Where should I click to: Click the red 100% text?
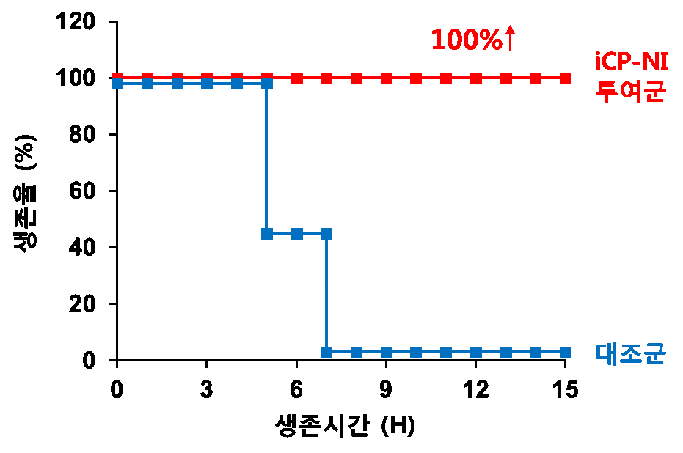(x=466, y=40)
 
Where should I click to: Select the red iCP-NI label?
(x=630, y=62)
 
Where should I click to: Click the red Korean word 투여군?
(x=630, y=92)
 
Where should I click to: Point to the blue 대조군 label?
(x=630, y=353)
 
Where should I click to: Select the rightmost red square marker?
(x=566, y=78)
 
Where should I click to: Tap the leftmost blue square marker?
(x=117, y=84)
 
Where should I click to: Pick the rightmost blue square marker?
(x=566, y=353)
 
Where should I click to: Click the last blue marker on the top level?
(x=267, y=84)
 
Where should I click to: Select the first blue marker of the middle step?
(x=267, y=234)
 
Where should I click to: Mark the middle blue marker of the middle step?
(x=297, y=234)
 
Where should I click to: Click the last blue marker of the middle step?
(x=326, y=234)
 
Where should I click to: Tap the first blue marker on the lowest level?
(x=326, y=353)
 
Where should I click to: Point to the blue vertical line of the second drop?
(x=326, y=293)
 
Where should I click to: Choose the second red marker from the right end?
(x=536, y=78)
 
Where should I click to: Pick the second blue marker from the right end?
(x=536, y=353)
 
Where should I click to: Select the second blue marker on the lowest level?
(x=357, y=353)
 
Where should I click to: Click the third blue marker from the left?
(x=178, y=84)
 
